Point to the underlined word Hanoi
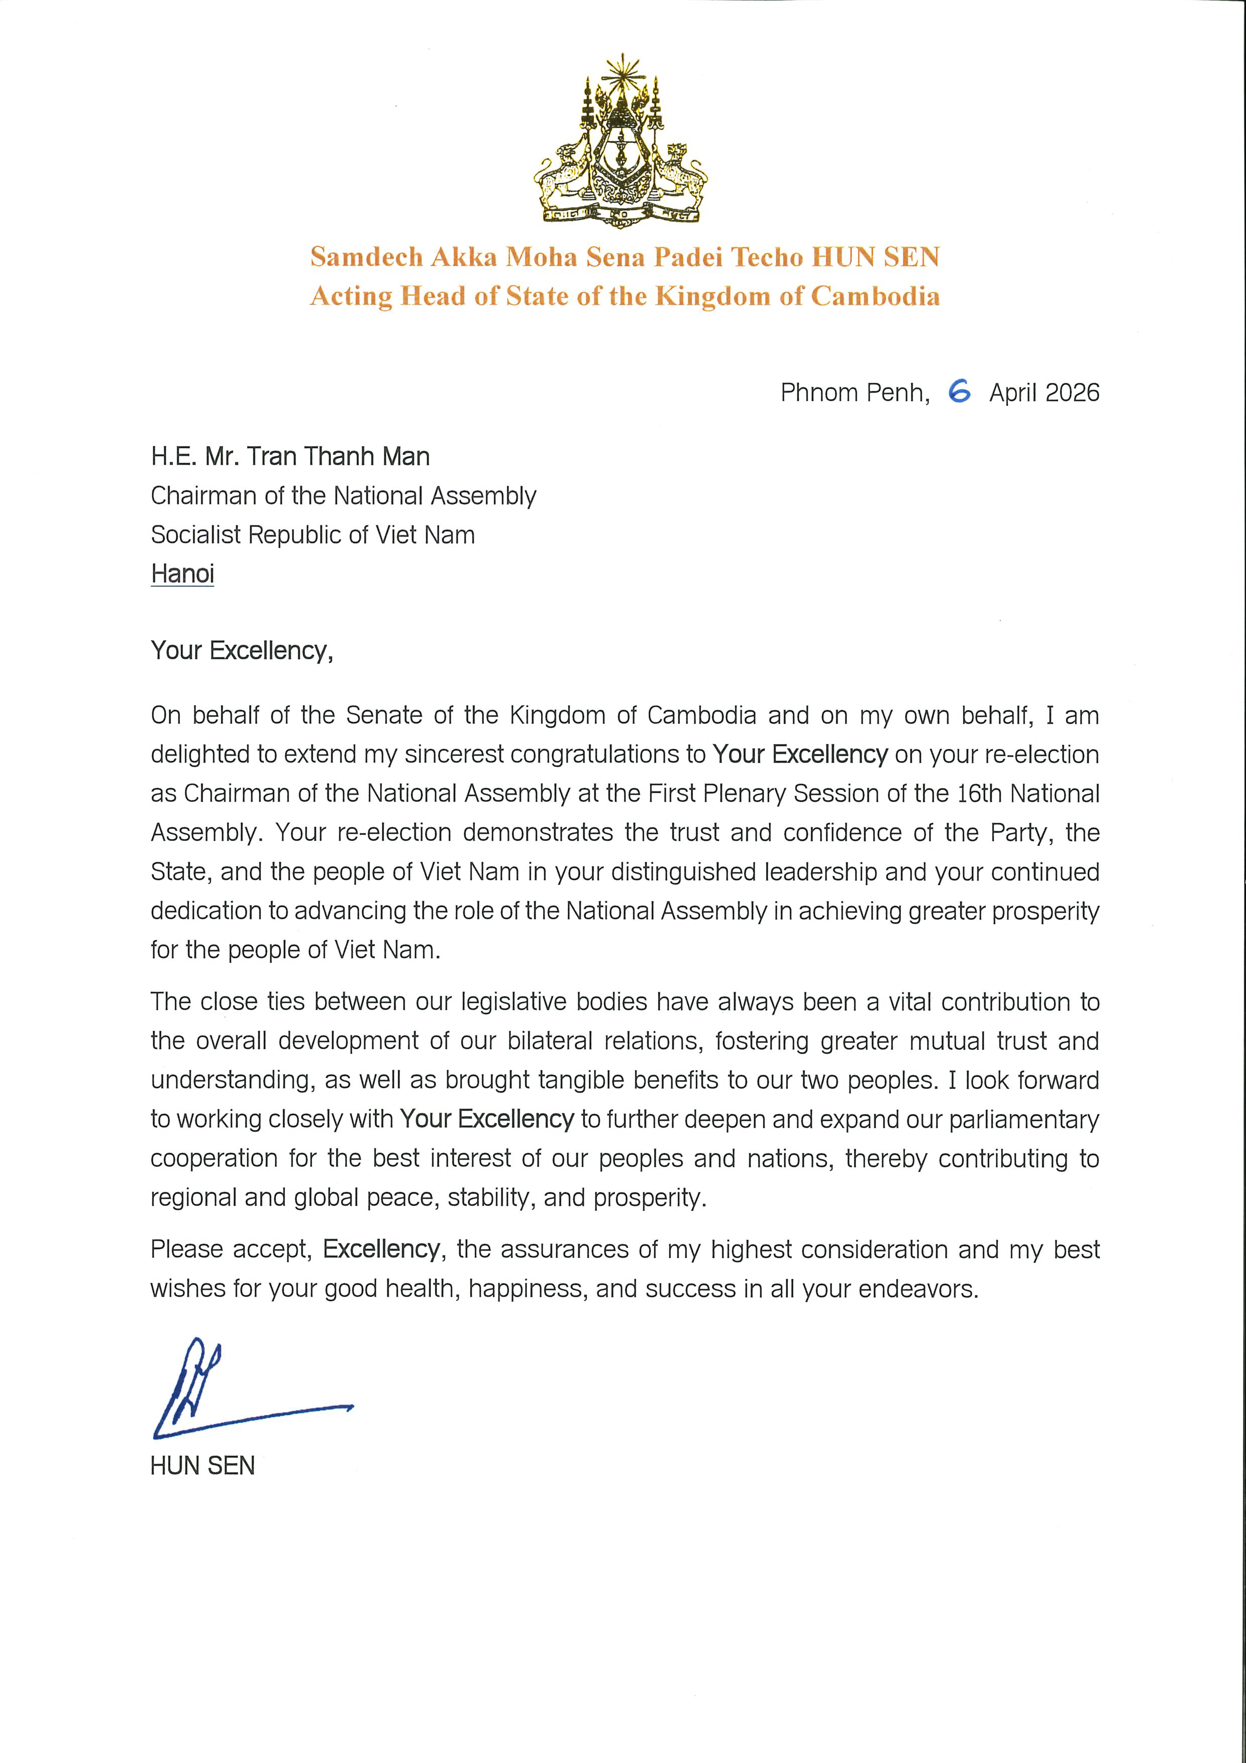[182, 573]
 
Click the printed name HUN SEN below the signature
[202, 1466]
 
